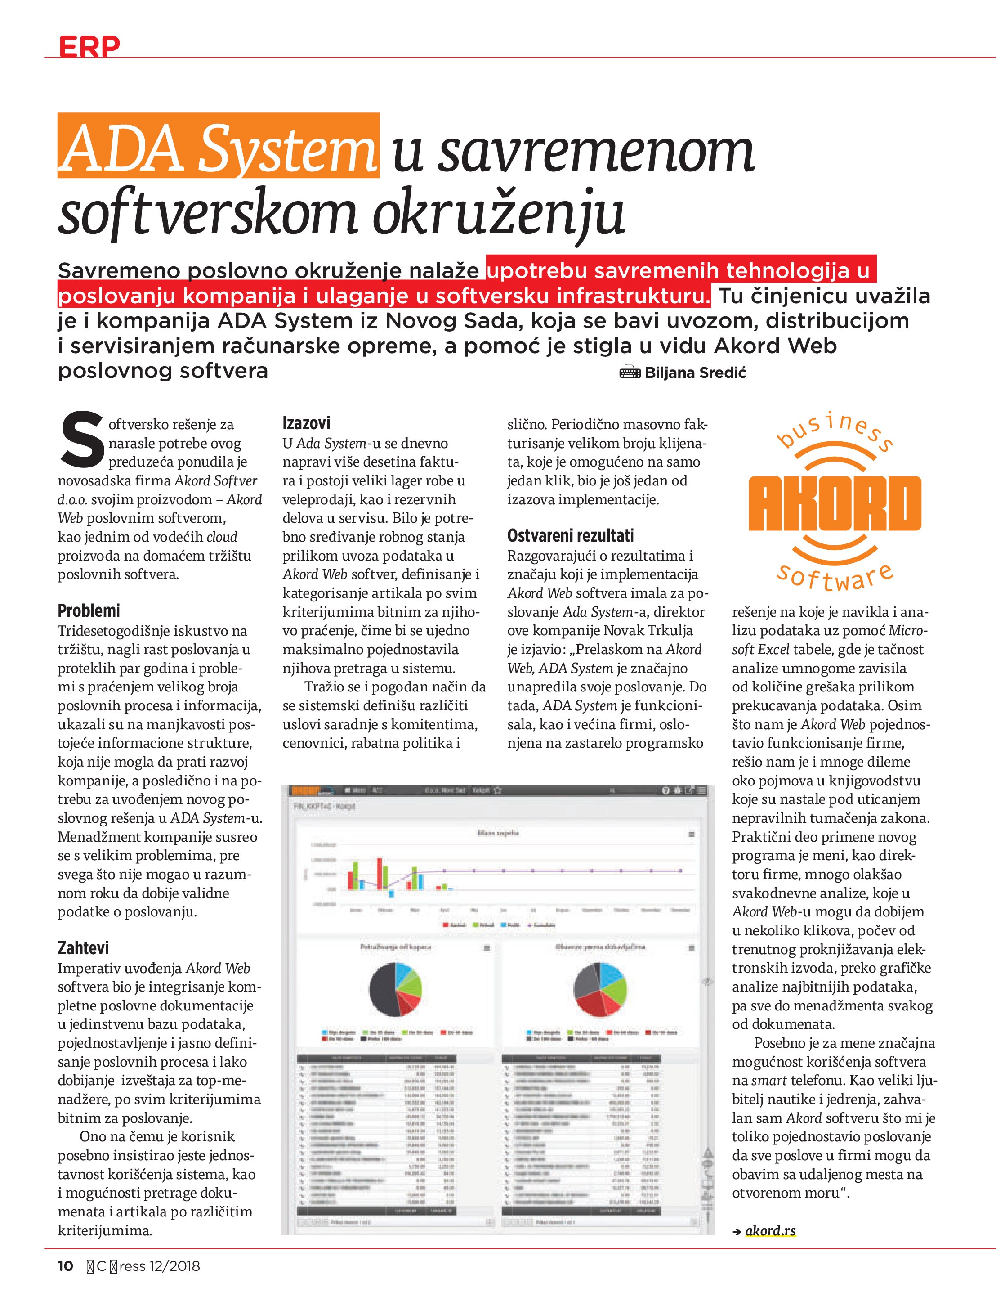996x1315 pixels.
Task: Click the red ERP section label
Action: (x=89, y=46)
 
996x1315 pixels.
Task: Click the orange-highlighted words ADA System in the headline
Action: (x=218, y=147)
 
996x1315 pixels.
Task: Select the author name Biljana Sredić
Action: (x=695, y=373)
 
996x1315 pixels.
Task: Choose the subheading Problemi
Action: (x=89, y=610)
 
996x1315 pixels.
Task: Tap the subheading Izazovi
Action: (x=306, y=423)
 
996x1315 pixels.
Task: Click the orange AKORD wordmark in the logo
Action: (x=835, y=503)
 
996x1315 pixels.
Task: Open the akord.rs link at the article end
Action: (x=770, y=1230)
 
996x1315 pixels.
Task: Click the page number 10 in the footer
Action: (x=65, y=1266)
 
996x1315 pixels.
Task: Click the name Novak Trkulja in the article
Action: (x=648, y=630)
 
